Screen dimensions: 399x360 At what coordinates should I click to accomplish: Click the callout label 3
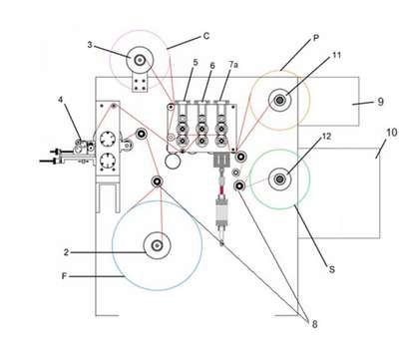pos(90,45)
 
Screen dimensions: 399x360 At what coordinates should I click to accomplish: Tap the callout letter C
pos(206,36)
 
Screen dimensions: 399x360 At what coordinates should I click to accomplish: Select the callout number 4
pos(61,100)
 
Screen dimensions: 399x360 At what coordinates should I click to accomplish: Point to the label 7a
pos(233,65)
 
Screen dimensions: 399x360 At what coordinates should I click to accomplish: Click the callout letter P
pos(316,38)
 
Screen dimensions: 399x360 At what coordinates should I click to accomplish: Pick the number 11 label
pos(337,55)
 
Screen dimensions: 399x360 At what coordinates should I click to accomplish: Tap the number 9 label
pos(381,102)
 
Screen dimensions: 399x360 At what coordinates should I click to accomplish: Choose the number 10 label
pos(392,133)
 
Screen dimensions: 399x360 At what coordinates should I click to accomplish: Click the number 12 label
pos(327,136)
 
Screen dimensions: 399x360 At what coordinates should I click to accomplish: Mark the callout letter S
pos(331,269)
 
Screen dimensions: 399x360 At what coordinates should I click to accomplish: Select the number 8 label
pos(314,324)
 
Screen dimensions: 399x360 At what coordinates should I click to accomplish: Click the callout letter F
pos(64,276)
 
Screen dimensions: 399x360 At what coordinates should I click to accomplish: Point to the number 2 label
pos(66,252)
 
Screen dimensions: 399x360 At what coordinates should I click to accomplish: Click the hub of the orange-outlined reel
pos(280,100)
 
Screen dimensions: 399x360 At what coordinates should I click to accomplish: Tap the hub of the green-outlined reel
pos(280,180)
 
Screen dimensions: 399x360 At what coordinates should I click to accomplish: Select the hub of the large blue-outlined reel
pos(157,245)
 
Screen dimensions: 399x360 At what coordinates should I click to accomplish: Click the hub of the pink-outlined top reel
pos(140,60)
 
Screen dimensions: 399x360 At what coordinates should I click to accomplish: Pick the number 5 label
pos(196,62)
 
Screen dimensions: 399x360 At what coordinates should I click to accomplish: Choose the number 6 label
pos(212,66)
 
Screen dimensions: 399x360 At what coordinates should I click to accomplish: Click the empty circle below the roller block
pos(173,162)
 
